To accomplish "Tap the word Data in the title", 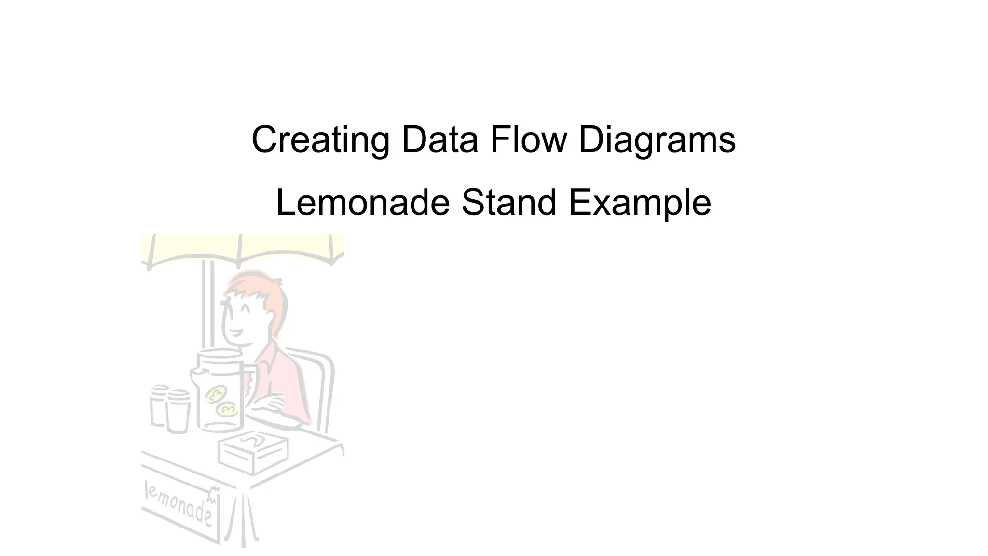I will [439, 140].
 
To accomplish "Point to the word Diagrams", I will [657, 140].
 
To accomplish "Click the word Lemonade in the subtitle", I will [363, 203].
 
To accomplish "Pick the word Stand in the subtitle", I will [509, 203].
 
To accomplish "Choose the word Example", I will [640, 203].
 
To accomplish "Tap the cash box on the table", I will [253, 451].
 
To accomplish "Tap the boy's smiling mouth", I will [236, 333].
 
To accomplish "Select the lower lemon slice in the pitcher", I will [227, 410].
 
